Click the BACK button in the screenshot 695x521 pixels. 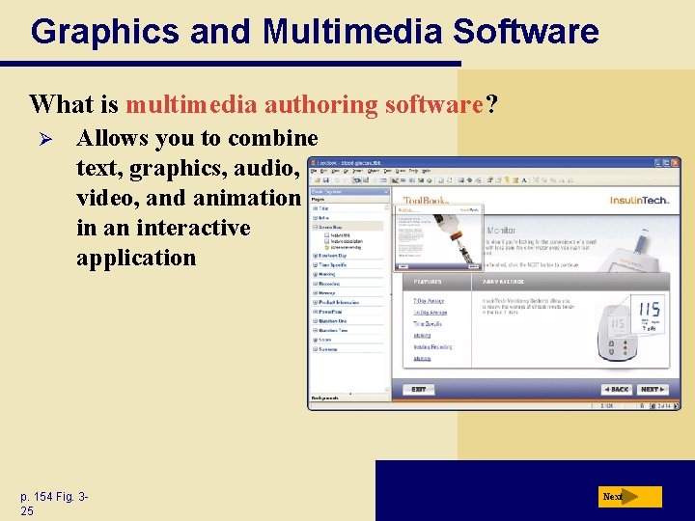pyautogui.click(x=616, y=390)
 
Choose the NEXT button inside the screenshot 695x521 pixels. pyautogui.click(x=653, y=390)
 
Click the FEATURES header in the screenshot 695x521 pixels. pyautogui.click(x=428, y=282)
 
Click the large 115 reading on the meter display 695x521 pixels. pyautogui.click(x=649, y=310)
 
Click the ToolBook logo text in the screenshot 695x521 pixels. pyautogui.click(x=427, y=201)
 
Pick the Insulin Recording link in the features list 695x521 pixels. pyautogui.click(x=431, y=347)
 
